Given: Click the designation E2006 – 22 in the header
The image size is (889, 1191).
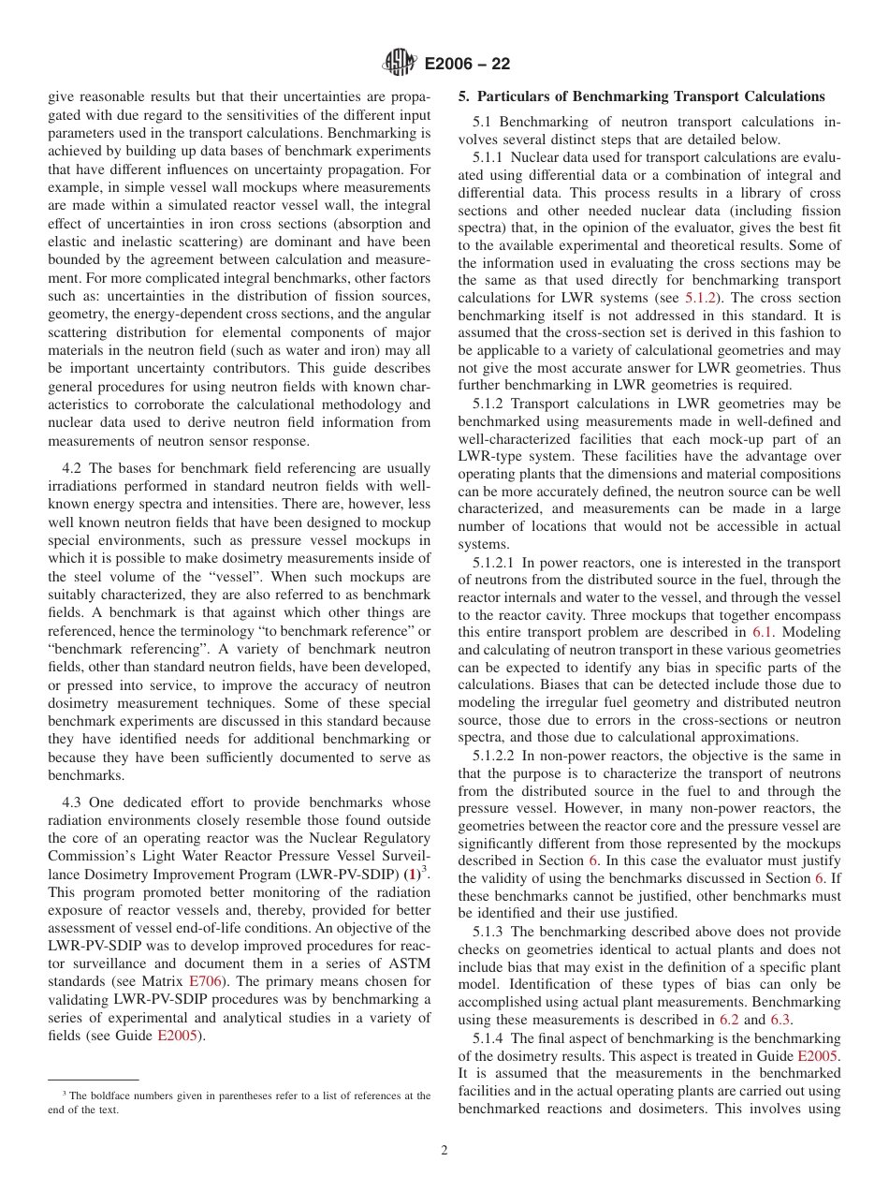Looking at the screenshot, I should point(467,65).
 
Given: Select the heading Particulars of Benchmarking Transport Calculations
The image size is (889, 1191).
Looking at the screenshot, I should point(641,96).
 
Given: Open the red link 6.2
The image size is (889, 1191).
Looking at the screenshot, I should point(728,1020).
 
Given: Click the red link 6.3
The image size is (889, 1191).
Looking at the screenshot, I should point(780,1020).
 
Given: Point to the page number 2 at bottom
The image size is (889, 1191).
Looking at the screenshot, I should point(444,1151).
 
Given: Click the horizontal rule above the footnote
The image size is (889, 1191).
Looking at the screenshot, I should point(93,1080).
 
